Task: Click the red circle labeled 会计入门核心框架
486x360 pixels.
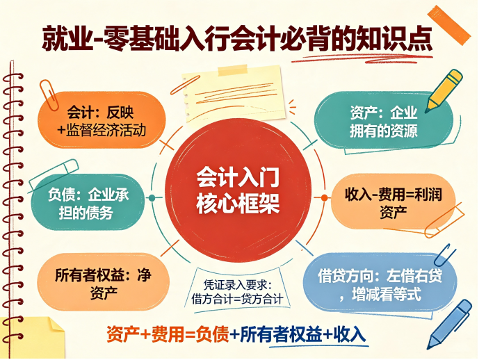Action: tap(238, 190)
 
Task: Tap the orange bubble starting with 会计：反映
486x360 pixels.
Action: tap(102, 120)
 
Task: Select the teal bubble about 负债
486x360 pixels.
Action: tap(88, 202)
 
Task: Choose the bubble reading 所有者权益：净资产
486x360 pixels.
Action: tap(103, 282)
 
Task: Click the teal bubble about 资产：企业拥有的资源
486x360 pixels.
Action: tap(384, 120)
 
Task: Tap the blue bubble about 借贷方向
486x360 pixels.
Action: tap(380, 283)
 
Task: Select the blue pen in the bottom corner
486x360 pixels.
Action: tap(449, 325)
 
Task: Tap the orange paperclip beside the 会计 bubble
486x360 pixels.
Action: tap(49, 95)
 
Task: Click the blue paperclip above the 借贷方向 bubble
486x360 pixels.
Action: tap(445, 254)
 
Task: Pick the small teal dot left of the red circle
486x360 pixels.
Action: tap(152, 197)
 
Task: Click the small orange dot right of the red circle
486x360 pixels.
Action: tap(324, 197)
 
